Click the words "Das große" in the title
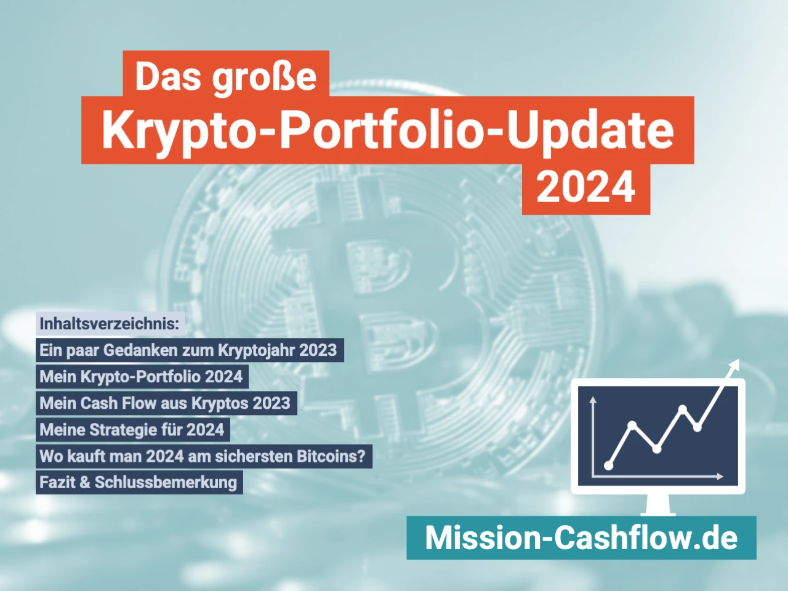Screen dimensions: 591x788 pyautogui.click(x=225, y=76)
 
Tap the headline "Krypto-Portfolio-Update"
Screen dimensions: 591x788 pyautogui.click(x=387, y=130)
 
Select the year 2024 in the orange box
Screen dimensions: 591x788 pyautogui.click(x=585, y=187)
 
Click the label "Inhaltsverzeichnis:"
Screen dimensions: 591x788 pyautogui.click(x=110, y=323)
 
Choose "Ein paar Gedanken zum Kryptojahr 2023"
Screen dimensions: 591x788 pyautogui.click(x=188, y=350)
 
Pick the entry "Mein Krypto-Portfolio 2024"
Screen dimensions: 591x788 pyautogui.click(x=141, y=377)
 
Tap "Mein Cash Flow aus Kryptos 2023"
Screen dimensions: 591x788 pyautogui.click(x=165, y=403)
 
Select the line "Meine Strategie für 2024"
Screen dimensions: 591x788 pyautogui.click(x=132, y=430)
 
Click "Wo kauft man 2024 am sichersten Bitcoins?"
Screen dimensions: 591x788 pyautogui.click(x=203, y=456)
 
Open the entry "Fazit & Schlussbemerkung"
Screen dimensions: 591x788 pyautogui.click(x=138, y=482)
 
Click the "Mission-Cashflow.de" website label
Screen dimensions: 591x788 pyautogui.click(x=581, y=537)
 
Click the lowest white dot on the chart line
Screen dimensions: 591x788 pyautogui.click(x=609, y=466)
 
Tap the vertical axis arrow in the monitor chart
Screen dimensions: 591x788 pyautogui.click(x=593, y=401)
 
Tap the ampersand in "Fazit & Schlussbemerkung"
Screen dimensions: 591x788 pyautogui.click(x=84, y=482)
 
